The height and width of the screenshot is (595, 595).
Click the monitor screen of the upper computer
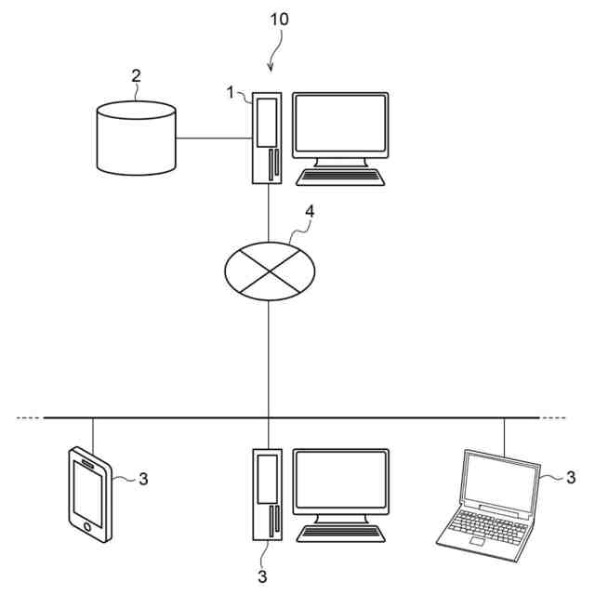pos(339,126)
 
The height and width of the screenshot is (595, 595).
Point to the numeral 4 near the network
pos(311,211)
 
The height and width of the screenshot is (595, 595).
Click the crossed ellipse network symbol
pos(271,269)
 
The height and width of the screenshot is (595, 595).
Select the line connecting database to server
pos(213,139)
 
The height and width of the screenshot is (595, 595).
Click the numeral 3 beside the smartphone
pos(143,480)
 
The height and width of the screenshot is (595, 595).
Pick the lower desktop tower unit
pos(267,496)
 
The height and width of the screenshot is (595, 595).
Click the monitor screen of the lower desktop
pos(340,482)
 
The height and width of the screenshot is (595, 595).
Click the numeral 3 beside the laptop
pos(571,478)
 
